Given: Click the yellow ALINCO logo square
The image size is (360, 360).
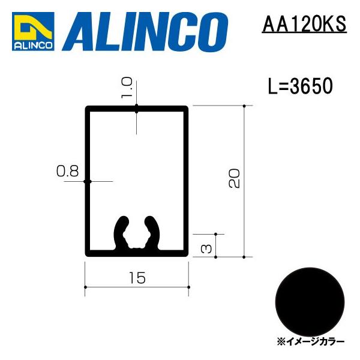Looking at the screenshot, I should click(x=33, y=31).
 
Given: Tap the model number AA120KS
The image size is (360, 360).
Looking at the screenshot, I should click(x=304, y=25).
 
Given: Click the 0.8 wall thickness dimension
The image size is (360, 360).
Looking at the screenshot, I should click(x=67, y=172).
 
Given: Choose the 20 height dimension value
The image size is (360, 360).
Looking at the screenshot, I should click(x=234, y=178).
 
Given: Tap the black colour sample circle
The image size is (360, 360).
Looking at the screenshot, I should click(x=311, y=299).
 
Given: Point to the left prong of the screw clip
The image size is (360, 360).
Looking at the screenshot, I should click(x=120, y=230).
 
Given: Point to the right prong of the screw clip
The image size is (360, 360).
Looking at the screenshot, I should click(x=155, y=230).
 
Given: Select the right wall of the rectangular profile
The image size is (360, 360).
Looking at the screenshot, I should click(x=187, y=180).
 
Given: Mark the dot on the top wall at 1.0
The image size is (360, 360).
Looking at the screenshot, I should click(x=137, y=109).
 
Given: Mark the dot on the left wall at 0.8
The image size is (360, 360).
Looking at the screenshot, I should click(x=87, y=181).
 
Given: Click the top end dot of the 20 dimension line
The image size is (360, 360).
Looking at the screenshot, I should click(x=245, y=106).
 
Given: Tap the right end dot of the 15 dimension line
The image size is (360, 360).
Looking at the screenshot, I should click(x=189, y=287).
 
